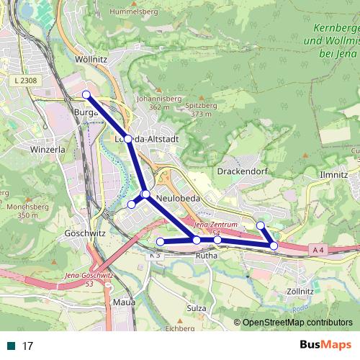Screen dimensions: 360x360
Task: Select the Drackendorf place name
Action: (241, 172)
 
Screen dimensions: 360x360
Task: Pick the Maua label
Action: (124, 302)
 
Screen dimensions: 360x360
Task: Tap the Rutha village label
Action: (207, 255)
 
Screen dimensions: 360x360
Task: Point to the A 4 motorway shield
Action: (320, 249)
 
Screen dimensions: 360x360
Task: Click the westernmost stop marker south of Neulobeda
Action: (160, 241)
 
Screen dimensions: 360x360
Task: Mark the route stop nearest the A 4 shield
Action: (274, 246)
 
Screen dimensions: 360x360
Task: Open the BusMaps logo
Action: (325, 345)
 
